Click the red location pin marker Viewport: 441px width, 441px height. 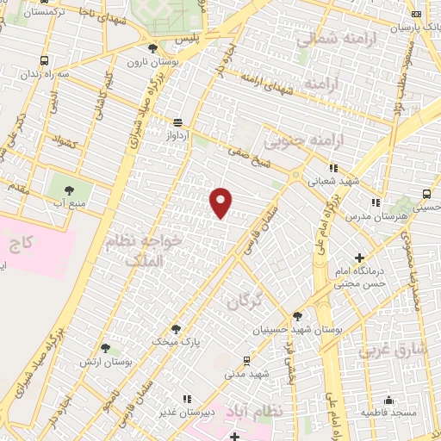point(222,202)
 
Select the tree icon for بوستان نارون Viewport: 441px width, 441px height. point(153,48)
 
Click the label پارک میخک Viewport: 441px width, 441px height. point(176,342)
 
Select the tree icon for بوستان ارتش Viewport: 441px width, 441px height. point(105,349)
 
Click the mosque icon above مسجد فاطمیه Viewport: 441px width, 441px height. point(389,400)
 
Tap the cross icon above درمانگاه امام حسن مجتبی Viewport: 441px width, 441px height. point(359,258)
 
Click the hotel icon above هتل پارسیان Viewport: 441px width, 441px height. point(418,14)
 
